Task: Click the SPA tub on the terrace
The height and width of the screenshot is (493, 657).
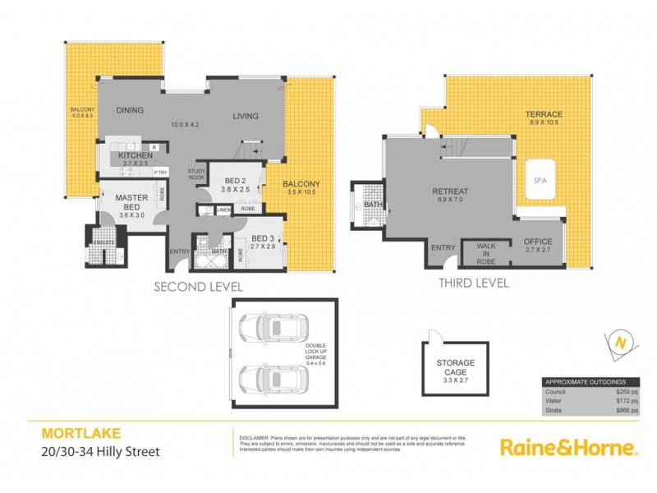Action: click(539, 181)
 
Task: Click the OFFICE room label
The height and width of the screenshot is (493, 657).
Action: click(540, 242)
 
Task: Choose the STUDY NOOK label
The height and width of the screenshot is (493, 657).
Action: click(195, 174)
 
